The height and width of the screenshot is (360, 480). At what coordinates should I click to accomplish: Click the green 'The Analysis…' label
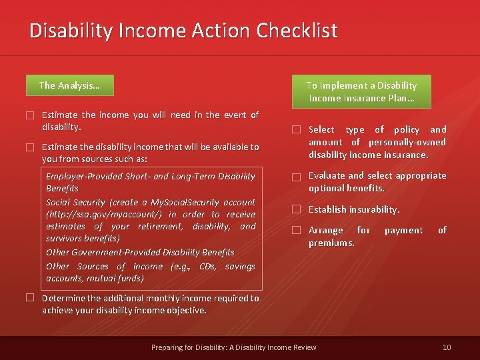[69, 85]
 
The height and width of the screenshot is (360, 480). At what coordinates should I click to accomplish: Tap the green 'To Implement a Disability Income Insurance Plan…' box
[361, 91]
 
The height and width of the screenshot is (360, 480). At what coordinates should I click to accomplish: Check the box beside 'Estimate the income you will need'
[30, 115]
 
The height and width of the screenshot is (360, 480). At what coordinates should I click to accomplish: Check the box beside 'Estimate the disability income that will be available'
[30, 147]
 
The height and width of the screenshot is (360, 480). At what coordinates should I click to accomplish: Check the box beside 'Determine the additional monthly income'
[30, 298]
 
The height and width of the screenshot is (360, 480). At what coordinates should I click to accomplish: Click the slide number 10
[447, 347]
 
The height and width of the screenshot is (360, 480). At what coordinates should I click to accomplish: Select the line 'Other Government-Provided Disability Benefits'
[140, 252]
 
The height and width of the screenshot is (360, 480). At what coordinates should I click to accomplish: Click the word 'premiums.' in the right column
[331, 243]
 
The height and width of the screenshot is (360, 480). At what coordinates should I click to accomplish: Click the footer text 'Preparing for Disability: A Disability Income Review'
[234, 347]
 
